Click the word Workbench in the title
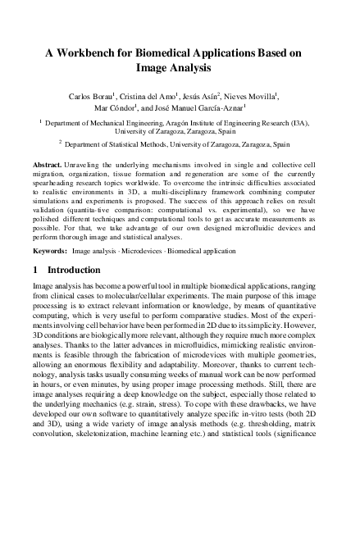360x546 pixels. tap(101, 51)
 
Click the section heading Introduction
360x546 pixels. tap(75, 270)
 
